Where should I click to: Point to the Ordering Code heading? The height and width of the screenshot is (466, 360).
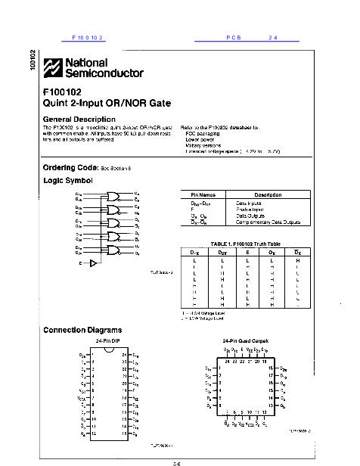[71, 166]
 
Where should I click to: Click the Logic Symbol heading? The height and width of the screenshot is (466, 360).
[68, 180]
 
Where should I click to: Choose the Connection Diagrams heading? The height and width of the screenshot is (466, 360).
[82, 331]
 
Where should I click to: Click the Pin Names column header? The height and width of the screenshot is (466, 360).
[202, 194]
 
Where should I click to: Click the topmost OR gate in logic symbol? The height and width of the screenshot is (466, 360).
[116, 195]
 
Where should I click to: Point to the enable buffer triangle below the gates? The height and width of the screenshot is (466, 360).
[93, 264]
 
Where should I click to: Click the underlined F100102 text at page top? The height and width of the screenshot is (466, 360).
[87, 37]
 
